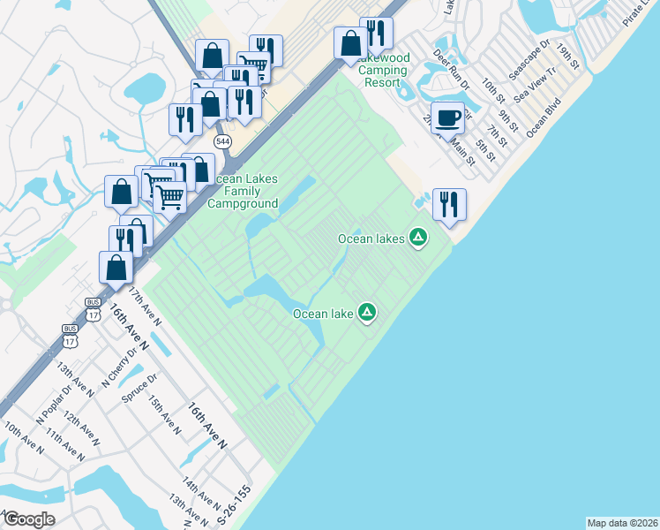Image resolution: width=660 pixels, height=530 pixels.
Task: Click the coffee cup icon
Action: pos(449,117)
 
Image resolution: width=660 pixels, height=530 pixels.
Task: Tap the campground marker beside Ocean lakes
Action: pos(418,237)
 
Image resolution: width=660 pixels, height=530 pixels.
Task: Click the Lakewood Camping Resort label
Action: pos(386,70)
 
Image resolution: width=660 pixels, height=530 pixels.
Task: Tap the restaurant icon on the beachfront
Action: pos(448,205)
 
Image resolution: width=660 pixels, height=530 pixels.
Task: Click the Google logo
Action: pos(28,519)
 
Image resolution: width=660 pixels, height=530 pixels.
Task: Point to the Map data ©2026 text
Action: pos(622,523)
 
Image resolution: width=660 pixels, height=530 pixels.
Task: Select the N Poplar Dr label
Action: pos(52,403)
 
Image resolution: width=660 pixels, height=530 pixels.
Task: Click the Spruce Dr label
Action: pos(139,389)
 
